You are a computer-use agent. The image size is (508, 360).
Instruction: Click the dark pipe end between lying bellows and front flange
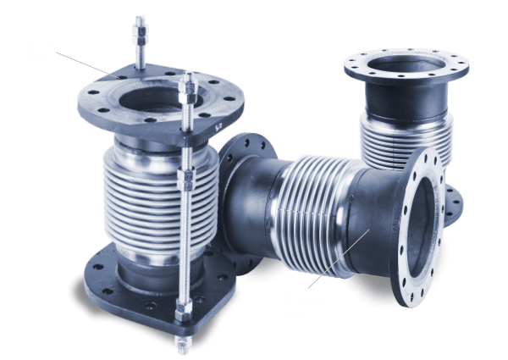click(373, 229)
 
